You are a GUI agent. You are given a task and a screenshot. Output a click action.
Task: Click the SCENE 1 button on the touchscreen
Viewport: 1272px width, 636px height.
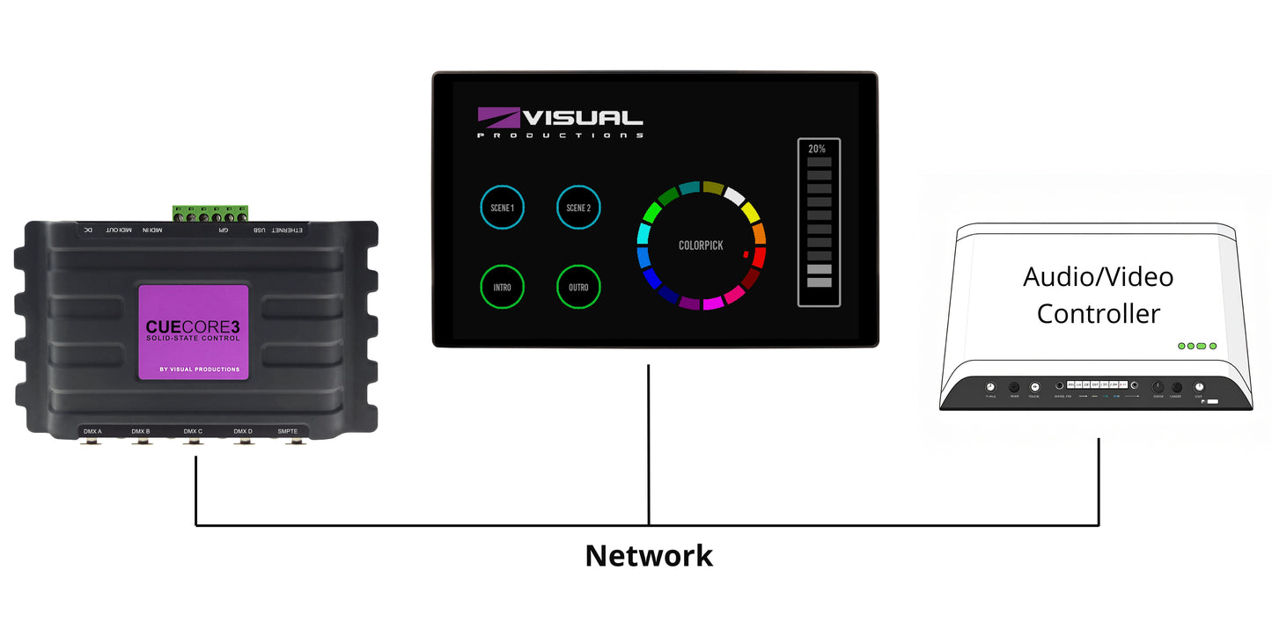pos(502,208)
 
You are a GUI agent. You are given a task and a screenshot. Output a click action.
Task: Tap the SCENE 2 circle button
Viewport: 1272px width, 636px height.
pos(578,208)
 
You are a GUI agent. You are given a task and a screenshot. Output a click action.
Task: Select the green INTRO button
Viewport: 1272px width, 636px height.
pos(502,287)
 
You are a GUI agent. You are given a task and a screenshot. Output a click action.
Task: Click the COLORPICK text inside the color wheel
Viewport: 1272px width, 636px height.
pos(701,245)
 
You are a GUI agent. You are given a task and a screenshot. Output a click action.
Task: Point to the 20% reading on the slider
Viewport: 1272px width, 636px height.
pos(817,149)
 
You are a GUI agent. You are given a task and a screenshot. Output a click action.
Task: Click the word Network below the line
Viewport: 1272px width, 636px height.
pos(649,556)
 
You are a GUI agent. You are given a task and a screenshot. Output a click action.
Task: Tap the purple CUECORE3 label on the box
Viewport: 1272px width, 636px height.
pos(193,332)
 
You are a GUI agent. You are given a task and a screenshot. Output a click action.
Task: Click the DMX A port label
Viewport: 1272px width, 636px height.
pos(92,431)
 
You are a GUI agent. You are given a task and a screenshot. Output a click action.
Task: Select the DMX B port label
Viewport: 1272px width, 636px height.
pos(141,431)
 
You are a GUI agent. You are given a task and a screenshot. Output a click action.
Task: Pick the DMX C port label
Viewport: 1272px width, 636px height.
pos(193,431)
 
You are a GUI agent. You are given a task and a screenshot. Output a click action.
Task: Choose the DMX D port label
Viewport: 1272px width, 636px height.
pos(243,431)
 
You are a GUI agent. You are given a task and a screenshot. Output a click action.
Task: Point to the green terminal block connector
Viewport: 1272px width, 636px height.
pos(210,213)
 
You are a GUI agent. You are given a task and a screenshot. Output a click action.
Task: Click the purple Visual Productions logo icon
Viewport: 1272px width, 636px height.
pos(499,118)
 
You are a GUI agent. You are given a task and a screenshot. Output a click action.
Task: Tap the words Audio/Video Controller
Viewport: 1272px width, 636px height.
pos(1098,295)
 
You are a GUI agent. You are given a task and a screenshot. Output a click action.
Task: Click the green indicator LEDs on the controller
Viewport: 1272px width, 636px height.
pos(1197,346)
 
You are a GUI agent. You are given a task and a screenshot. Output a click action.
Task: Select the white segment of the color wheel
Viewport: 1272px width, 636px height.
pos(735,195)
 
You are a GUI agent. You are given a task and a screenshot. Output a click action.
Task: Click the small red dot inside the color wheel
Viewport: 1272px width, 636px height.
pos(746,255)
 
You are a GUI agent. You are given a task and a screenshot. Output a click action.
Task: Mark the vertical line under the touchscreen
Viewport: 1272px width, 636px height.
pos(649,440)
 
